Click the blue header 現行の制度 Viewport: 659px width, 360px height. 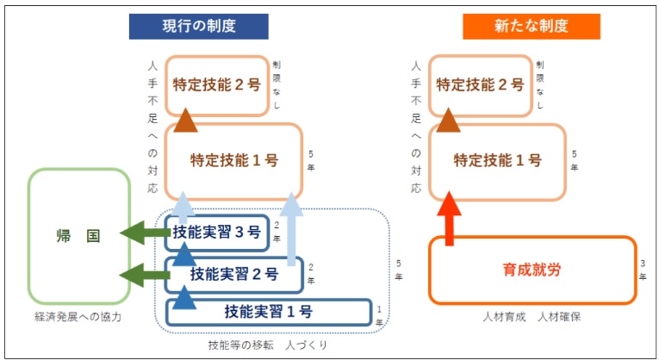[198, 27]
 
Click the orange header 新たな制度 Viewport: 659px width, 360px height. [532, 27]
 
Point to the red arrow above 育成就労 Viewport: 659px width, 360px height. [450, 219]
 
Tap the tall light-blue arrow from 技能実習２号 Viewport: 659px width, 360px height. [291, 229]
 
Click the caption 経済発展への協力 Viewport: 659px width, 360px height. [78, 317]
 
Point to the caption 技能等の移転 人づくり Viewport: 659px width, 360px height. [268, 345]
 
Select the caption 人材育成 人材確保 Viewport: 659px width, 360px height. [532, 317]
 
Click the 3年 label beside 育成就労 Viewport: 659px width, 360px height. [643, 270]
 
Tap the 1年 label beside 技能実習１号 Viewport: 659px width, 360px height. [379, 316]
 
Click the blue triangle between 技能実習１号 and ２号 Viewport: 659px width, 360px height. [184, 297]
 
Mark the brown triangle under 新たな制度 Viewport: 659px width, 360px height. [449, 120]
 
